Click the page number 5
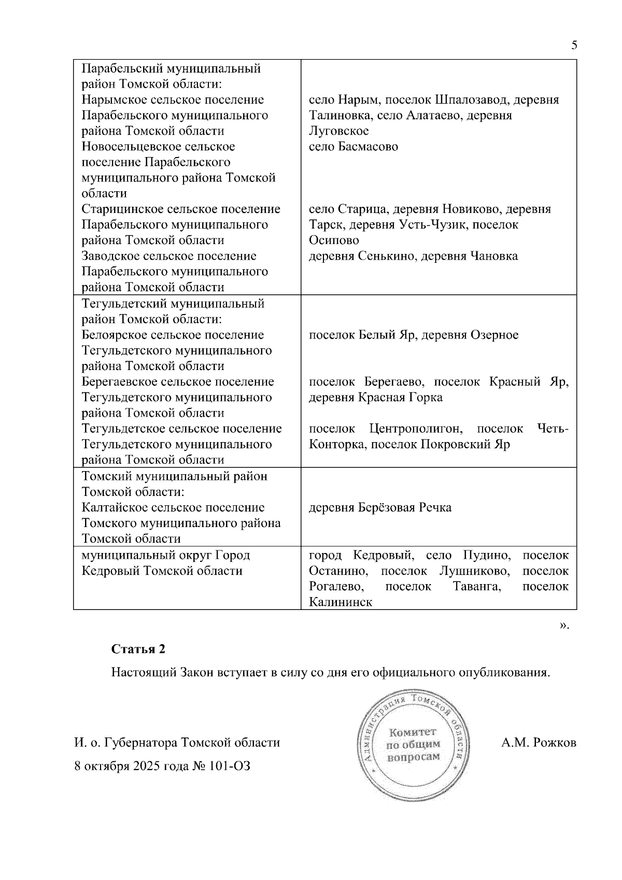574,45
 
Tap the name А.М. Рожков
539,743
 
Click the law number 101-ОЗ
230,766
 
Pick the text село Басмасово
354,147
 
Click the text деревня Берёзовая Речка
380,507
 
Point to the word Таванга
477,587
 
